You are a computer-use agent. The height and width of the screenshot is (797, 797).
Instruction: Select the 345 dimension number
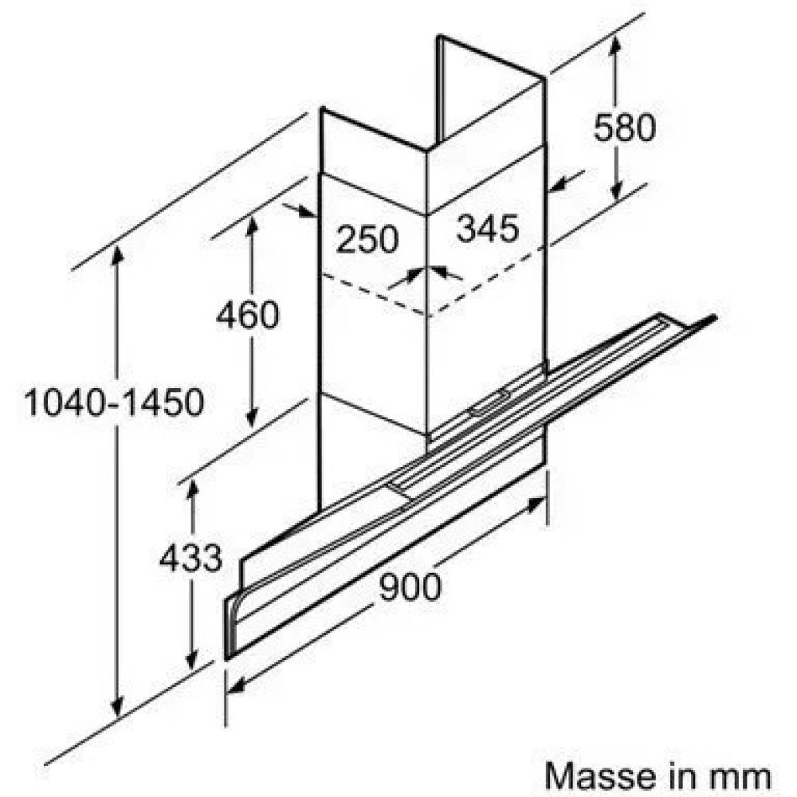[487, 229]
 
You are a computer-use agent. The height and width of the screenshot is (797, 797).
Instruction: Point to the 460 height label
[248, 315]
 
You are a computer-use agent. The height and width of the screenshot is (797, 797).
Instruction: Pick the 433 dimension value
[190, 558]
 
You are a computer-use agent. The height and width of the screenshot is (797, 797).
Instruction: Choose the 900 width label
[409, 587]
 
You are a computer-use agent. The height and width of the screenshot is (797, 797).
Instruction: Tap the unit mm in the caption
[744, 774]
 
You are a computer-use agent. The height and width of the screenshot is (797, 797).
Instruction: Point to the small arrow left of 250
[302, 211]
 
